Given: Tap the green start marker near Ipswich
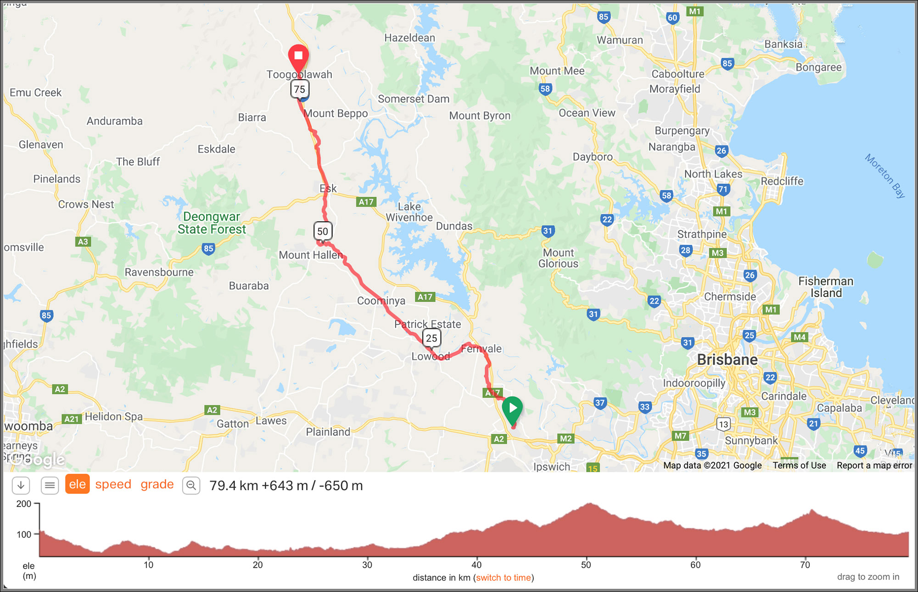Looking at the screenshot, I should pyautogui.click(x=512, y=408).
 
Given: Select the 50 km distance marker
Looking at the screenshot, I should pyautogui.click(x=323, y=231).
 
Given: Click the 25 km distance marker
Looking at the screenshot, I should pyautogui.click(x=431, y=338).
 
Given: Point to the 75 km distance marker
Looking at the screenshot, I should pyautogui.click(x=300, y=89).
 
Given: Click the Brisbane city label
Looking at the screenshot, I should pyautogui.click(x=727, y=360).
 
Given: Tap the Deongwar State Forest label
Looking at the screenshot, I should pyautogui.click(x=212, y=223).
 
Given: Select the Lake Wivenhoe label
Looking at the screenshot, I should pyautogui.click(x=409, y=212).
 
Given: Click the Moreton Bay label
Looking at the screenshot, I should pyautogui.click(x=885, y=176).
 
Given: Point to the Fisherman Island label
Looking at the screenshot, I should pyautogui.click(x=826, y=287).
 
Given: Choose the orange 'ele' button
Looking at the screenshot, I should pyautogui.click(x=77, y=484).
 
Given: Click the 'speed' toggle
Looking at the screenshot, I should pyautogui.click(x=113, y=484).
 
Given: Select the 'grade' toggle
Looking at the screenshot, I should pyautogui.click(x=157, y=484).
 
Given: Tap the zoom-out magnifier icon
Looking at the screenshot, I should pyautogui.click(x=191, y=485).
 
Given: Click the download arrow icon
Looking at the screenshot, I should pyautogui.click(x=21, y=485).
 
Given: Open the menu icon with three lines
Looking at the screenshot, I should pyautogui.click(x=50, y=485).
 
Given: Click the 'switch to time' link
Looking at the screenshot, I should pyautogui.click(x=503, y=578).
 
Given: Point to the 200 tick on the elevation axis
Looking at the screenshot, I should pyautogui.click(x=24, y=504).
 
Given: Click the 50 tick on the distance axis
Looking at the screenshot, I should pyautogui.click(x=586, y=565).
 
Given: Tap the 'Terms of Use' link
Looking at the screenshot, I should pyautogui.click(x=799, y=465).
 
